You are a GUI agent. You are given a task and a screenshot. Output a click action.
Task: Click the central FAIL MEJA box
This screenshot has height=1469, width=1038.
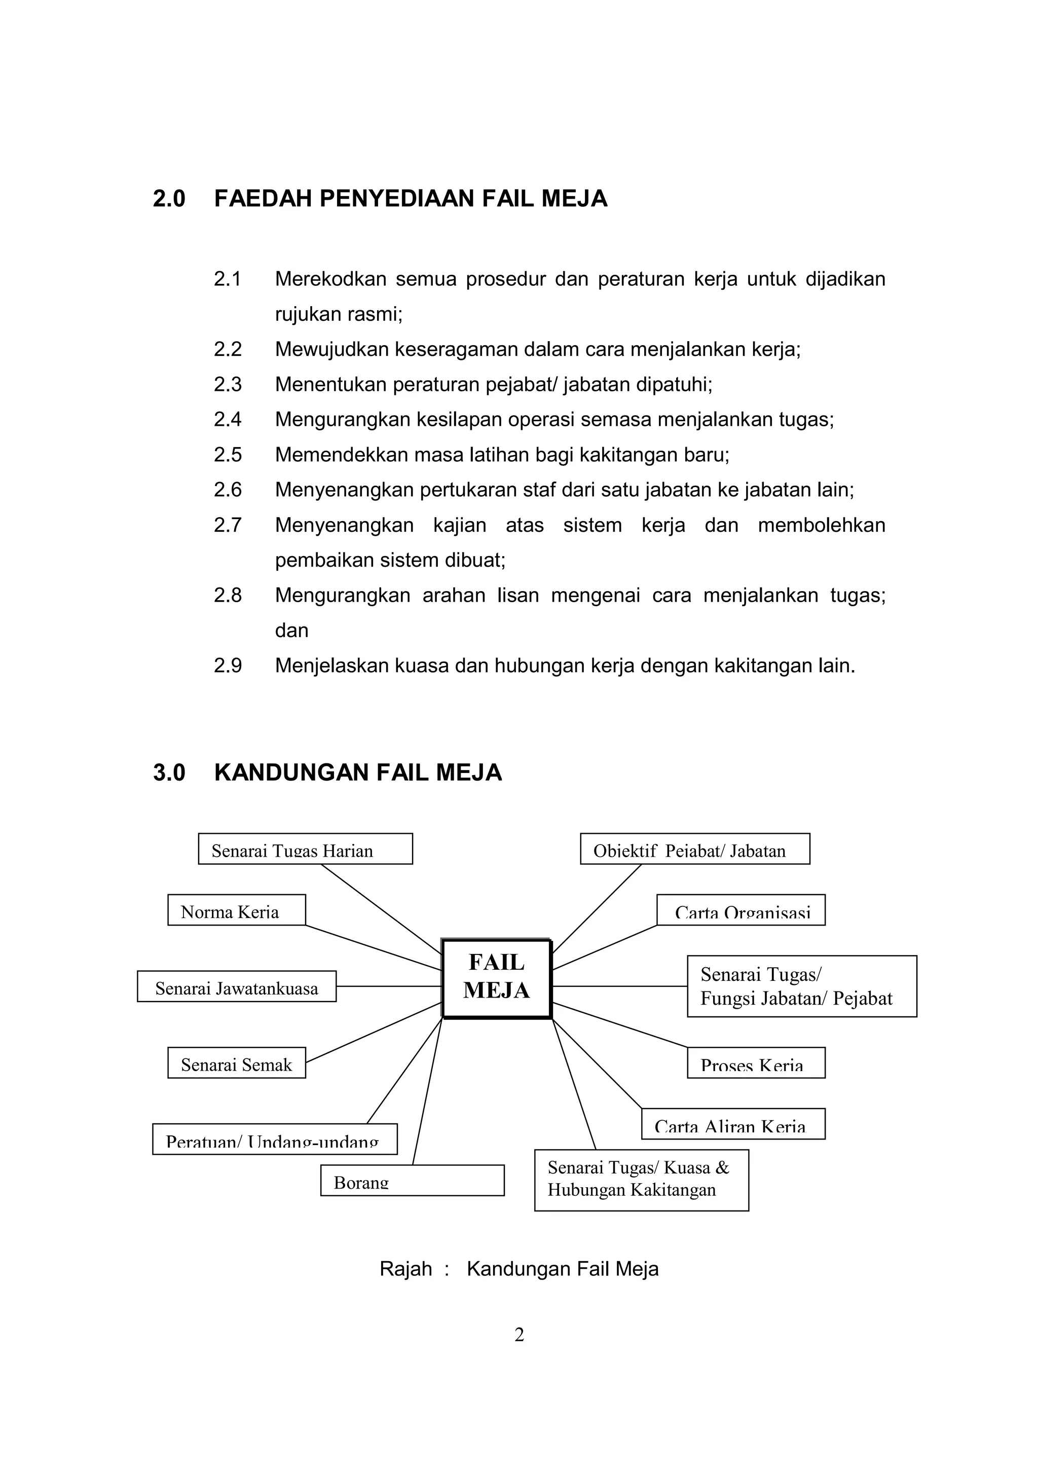[x=496, y=978]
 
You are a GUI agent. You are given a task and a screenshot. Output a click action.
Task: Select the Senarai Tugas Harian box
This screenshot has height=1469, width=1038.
[x=305, y=849]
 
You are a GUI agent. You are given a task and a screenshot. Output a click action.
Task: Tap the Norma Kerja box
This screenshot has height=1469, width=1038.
[x=236, y=910]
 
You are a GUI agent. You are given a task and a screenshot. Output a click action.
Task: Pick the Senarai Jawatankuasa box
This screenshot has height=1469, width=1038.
[x=236, y=986]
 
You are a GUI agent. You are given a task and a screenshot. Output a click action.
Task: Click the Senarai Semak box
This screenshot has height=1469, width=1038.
[x=236, y=1063]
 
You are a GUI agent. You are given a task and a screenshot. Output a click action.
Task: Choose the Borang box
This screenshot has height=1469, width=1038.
[x=412, y=1181]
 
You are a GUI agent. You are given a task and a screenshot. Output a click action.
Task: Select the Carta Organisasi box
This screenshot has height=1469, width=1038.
[x=740, y=910]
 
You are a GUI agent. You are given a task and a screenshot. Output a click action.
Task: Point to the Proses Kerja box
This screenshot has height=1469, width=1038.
[x=756, y=1063]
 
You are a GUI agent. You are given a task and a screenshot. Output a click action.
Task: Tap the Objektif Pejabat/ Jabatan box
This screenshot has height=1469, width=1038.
[x=694, y=849]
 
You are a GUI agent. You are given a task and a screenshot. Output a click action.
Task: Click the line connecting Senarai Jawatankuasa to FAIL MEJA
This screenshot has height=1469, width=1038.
[x=389, y=986]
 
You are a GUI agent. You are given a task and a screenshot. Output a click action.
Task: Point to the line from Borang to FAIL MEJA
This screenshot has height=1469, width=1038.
[x=427, y=1091]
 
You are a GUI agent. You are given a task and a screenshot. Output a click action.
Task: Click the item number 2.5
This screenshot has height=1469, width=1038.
[x=228, y=455]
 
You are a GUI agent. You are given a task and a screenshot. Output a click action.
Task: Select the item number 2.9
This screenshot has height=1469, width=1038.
[x=228, y=666]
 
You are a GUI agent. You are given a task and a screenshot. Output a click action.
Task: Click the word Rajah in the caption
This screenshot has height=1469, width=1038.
[x=405, y=1269]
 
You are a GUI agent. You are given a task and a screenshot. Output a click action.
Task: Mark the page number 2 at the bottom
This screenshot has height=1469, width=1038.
[x=518, y=1335]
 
